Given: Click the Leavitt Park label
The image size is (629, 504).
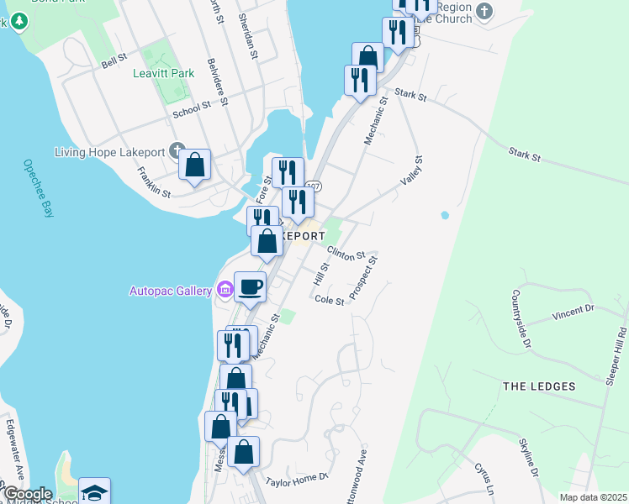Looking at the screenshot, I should coord(163,73).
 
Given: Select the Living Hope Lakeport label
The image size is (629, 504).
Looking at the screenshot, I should coord(109,152).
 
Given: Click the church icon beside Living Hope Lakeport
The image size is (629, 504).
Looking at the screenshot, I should coord(177,152).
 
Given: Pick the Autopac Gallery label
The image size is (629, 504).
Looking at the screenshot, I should coord(170,291).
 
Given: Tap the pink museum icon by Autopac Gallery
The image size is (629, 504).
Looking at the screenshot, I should coord(224,291).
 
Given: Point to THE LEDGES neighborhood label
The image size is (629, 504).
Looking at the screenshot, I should coord(539,386).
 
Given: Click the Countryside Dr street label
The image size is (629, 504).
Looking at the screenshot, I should coord(520,319).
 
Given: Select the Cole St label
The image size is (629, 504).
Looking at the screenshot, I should coord(329,300).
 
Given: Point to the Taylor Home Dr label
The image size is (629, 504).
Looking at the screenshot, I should coord(296,480).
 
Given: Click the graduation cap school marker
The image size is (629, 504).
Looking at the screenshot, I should coord(94,491).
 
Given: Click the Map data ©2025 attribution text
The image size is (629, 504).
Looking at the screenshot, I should coord(593,497).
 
